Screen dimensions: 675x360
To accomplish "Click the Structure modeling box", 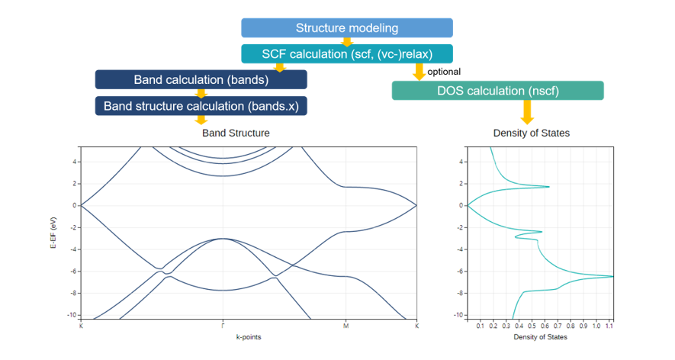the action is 347,28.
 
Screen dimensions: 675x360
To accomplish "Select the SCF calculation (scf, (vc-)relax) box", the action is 347,54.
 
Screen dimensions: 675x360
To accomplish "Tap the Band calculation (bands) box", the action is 201,79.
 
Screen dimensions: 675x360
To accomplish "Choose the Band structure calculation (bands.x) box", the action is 201,106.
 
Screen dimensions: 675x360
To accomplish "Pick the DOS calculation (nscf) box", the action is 497,91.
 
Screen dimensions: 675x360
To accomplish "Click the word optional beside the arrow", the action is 444,72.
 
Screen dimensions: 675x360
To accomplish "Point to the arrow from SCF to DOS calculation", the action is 419,72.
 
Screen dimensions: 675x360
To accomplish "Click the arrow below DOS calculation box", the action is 527,112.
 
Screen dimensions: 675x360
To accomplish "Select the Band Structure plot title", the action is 236,133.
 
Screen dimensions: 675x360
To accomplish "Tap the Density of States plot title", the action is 531,133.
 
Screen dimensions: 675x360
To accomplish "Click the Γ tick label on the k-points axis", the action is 223,326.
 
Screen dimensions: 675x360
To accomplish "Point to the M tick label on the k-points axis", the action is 346,326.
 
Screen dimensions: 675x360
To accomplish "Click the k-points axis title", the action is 249,337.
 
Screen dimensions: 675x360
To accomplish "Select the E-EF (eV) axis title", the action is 53,233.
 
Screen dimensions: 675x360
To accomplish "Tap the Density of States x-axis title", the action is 540,337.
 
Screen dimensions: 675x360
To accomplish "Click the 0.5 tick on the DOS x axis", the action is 532,326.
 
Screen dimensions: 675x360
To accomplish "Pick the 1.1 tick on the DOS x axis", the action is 609,326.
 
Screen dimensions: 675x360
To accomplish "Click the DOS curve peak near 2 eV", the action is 548,186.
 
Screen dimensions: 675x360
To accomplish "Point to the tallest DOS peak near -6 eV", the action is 612,276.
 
